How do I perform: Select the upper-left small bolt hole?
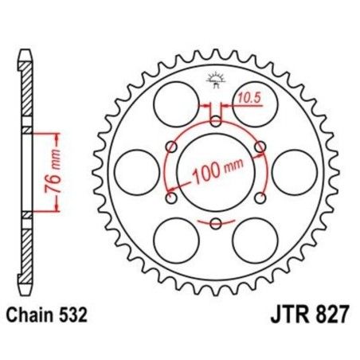point(171,147)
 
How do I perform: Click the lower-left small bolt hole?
point(171,198)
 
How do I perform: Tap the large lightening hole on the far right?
point(296,172)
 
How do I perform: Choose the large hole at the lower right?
point(256,241)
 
